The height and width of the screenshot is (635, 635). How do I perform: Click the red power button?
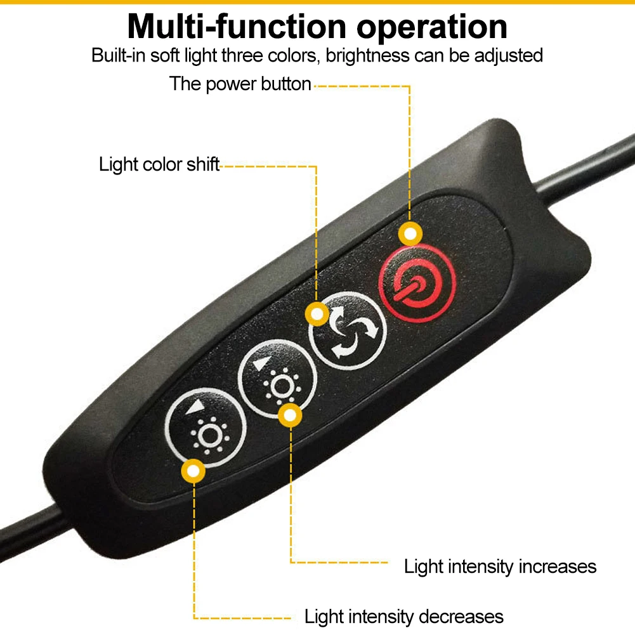pyautogui.click(x=417, y=283)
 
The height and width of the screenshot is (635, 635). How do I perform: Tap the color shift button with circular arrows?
pyautogui.click(x=348, y=331)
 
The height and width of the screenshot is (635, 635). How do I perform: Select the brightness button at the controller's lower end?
pyautogui.click(x=206, y=428)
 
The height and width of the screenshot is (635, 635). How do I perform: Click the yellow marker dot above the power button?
pyautogui.click(x=410, y=233)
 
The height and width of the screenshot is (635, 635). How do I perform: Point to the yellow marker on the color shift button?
pyautogui.click(x=317, y=314)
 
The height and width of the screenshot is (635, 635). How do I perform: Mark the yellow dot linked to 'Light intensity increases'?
pyautogui.click(x=290, y=415)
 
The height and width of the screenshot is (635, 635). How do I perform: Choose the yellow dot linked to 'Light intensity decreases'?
pyautogui.click(x=193, y=471)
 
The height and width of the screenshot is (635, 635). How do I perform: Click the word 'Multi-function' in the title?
pyautogui.click(x=237, y=27)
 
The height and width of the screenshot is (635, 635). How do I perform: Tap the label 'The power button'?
pyautogui.click(x=240, y=84)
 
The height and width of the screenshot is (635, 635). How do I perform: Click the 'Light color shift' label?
pyautogui.click(x=159, y=164)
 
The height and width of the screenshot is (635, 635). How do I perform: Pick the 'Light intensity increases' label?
pyautogui.click(x=500, y=566)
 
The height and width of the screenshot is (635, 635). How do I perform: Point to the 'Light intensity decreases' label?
pyautogui.click(x=403, y=617)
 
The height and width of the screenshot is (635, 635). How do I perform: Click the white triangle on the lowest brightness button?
pyautogui.click(x=195, y=407)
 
